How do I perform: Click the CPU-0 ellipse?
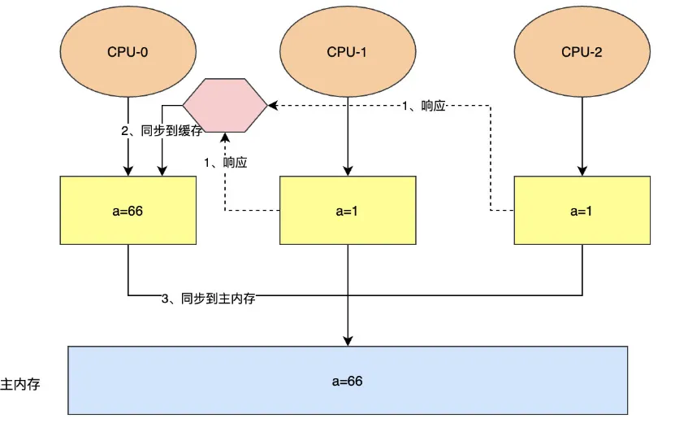pyautogui.click(x=128, y=52)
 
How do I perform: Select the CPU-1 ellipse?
pyautogui.click(x=348, y=52)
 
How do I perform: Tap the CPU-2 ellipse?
pyautogui.click(x=582, y=52)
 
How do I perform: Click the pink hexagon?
pyautogui.click(x=225, y=105)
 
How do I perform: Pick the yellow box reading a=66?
pyautogui.click(x=128, y=210)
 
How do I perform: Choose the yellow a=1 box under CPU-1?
pyautogui.click(x=348, y=210)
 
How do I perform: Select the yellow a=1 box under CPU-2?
pyautogui.click(x=582, y=210)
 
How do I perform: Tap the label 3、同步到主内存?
pyautogui.click(x=209, y=299)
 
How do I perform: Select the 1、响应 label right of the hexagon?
pyautogui.click(x=424, y=107)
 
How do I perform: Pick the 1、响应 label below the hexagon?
pyautogui.click(x=226, y=162)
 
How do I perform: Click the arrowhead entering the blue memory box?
pyautogui.click(x=348, y=340)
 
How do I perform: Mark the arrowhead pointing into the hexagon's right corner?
pyautogui.click(x=274, y=105)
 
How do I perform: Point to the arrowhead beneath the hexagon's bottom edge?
pyautogui.click(x=225, y=138)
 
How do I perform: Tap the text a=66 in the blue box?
pyautogui.click(x=348, y=381)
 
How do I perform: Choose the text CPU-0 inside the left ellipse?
pyautogui.click(x=128, y=52)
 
